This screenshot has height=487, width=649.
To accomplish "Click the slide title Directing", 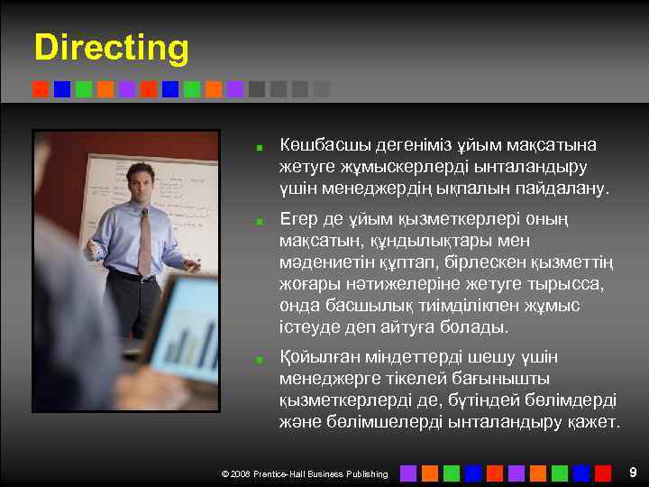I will point(112,48).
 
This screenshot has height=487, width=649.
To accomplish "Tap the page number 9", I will point(633,472).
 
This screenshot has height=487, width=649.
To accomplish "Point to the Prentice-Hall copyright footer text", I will point(305,473).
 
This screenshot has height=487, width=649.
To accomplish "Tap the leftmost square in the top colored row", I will point(40,89).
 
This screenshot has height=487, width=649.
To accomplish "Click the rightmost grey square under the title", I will point(321,89).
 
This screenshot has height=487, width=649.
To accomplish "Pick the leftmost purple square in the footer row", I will point(407,473).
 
